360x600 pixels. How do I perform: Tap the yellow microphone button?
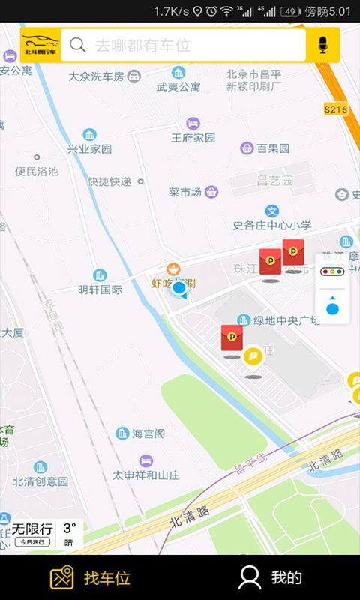coord(323,45)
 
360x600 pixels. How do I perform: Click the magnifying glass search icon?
coord(77,45)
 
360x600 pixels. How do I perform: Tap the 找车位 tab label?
coord(106,577)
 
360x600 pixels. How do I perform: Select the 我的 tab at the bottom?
coord(286,577)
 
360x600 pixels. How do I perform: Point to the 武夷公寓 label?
coord(178,86)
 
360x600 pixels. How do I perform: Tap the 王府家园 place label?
coord(193,138)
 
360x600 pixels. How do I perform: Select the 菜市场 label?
coord(185,193)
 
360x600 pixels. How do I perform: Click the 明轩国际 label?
coord(100,289)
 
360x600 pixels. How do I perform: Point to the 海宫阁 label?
coord(148,433)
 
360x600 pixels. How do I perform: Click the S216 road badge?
coord(336,109)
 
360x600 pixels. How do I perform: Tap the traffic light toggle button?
coord(332,270)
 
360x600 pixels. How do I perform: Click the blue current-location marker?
coord(179,288)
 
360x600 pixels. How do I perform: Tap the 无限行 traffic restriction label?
coord(32,529)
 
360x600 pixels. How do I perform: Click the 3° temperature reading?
coord(69,528)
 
